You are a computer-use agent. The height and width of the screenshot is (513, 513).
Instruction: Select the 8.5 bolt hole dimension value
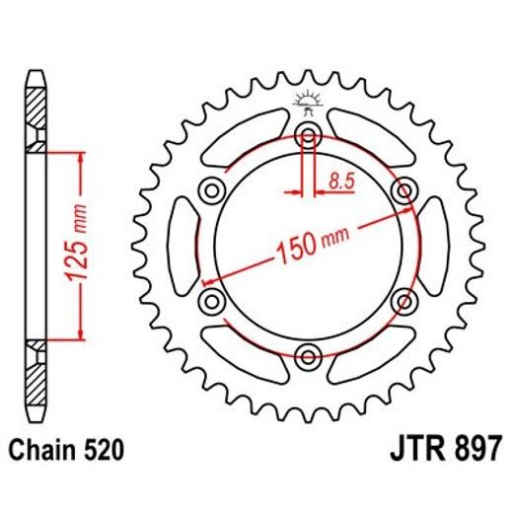338,181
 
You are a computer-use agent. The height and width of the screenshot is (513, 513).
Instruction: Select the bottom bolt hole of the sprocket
307,355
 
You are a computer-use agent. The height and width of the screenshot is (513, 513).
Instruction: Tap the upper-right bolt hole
403,190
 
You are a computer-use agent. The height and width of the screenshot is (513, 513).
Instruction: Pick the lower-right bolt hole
403,300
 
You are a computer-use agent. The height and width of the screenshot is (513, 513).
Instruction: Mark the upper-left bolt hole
211,190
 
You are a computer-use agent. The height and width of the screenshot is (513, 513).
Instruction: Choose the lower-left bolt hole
211,300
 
